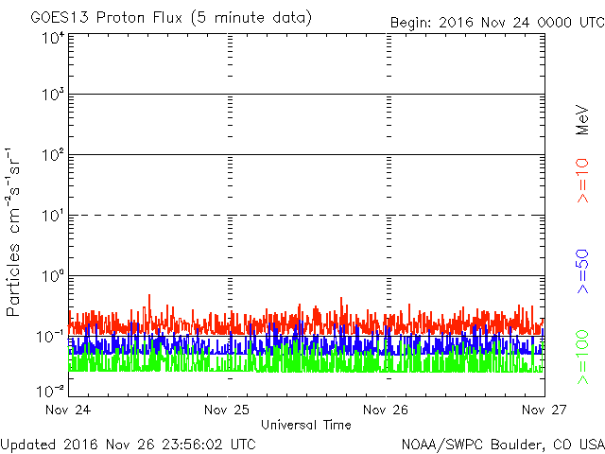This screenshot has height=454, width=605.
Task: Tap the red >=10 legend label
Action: point(582,181)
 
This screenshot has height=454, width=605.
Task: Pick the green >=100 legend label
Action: point(582,356)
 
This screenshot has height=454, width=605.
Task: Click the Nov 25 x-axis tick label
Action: point(228,410)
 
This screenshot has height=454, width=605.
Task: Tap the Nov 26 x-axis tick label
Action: point(386,410)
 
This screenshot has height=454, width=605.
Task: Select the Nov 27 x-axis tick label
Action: point(544,410)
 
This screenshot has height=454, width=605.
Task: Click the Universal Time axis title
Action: point(305,425)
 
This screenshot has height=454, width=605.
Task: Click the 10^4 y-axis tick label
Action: point(52,39)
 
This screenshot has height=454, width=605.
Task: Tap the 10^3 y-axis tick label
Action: point(52,96)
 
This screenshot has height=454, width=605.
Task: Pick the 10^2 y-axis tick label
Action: point(52,155)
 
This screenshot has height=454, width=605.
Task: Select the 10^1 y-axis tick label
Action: point(52,216)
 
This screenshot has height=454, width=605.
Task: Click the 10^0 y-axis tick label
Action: point(52,276)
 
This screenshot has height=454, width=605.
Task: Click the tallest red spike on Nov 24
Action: point(149,297)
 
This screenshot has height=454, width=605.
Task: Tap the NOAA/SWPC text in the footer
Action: point(436,444)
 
